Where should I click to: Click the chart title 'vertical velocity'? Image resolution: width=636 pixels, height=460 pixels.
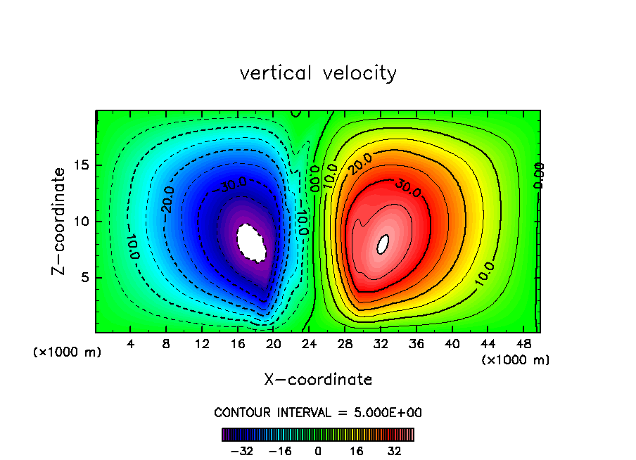(x=318, y=73)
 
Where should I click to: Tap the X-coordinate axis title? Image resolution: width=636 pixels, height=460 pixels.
(x=318, y=380)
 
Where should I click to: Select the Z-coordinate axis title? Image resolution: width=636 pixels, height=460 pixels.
(x=61, y=221)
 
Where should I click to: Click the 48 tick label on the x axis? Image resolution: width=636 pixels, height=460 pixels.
(x=524, y=345)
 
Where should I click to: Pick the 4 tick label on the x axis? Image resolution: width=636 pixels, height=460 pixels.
(x=131, y=345)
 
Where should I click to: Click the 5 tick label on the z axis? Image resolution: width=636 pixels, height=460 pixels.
(x=84, y=278)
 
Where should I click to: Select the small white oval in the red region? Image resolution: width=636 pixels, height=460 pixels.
(x=383, y=244)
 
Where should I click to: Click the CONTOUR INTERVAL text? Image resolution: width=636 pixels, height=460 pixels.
(x=318, y=412)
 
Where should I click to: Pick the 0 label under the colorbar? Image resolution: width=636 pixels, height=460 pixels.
(x=318, y=451)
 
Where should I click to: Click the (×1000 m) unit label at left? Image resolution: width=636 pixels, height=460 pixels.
(x=67, y=352)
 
